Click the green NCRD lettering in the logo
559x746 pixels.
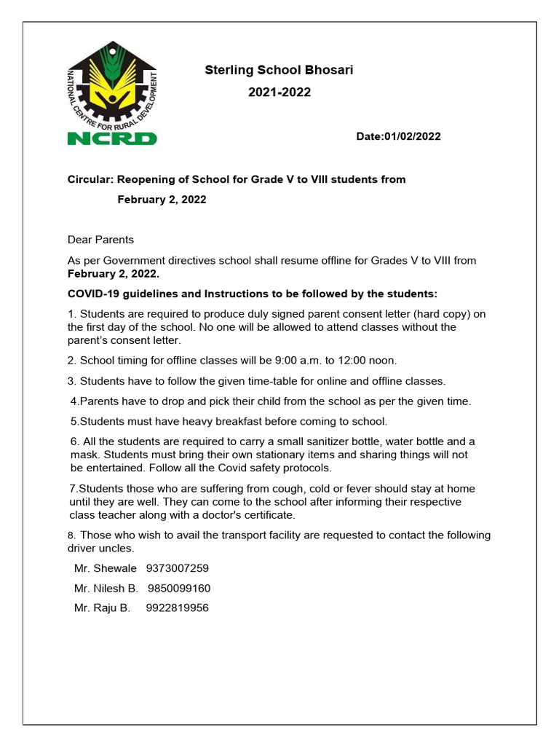tap(111, 137)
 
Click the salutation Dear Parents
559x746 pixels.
tap(100, 239)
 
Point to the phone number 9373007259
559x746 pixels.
tap(178, 568)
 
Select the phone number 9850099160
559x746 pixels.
tap(179, 588)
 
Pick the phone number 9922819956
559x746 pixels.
tap(178, 608)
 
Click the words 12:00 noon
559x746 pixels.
tap(366, 360)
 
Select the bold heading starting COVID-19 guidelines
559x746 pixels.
tap(253, 294)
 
